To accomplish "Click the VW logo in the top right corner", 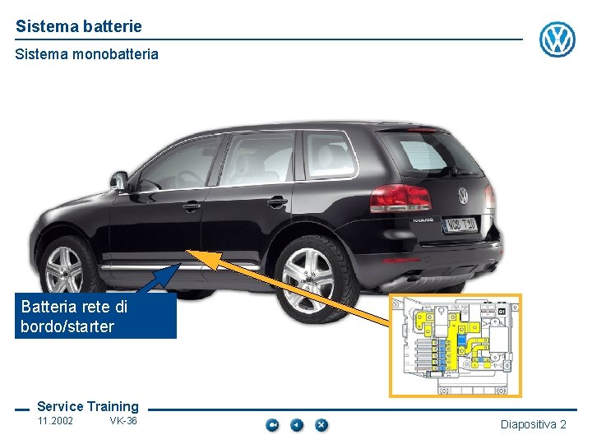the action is coord(557,39).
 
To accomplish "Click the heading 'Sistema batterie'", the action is coord(79,26).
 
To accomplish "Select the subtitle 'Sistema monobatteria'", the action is coord(87,55).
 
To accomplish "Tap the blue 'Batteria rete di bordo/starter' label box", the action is coord(95,317).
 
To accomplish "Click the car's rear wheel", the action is coord(308,278).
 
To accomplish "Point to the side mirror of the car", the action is coord(120,182).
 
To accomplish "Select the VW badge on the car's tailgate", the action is coord(463,196).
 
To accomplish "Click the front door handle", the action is coord(192,206).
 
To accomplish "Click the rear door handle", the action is coord(277,201).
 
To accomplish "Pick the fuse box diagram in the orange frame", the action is coord(455,345).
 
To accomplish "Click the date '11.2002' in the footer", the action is coord(55,421).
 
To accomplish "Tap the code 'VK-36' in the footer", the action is coord(123,421).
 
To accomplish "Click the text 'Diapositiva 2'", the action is coord(534,424).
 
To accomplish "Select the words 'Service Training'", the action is coord(88,406).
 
